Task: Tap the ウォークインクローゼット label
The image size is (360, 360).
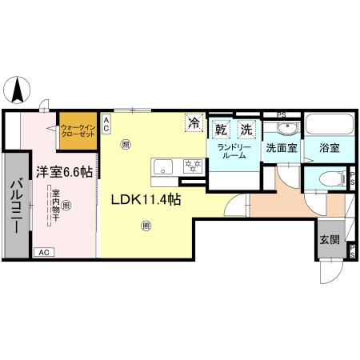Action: tap(78, 130)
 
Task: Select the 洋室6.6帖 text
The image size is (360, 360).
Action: tap(63, 171)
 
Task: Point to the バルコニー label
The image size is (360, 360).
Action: tap(16, 205)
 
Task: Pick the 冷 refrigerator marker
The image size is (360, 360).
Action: tap(194, 123)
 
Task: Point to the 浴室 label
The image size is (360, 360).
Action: tap(329, 148)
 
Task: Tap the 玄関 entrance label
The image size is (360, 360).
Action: tap(329, 238)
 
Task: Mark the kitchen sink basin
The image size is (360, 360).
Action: tap(163, 166)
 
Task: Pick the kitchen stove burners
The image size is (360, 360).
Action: tap(191, 166)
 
